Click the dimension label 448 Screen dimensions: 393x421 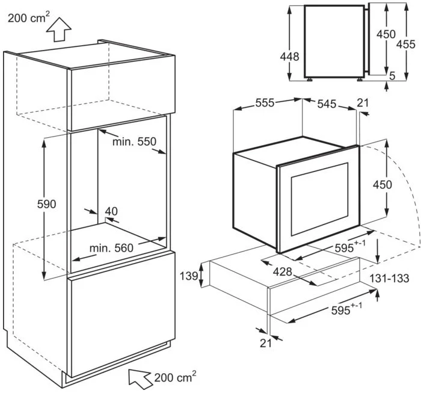pyautogui.click(x=274, y=55)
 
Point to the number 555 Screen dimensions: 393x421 pyautogui.click(x=265, y=103)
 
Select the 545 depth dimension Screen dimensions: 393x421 pyautogui.click(x=327, y=103)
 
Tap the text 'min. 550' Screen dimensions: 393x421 pyautogui.click(x=134, y=142)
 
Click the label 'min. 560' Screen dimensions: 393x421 pyautogui.click(x=112, y=248)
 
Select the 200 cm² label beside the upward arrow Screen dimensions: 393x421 pyautogui.click(x=28, y=17)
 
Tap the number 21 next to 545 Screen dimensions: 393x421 pyautogui.click(x=362, y=103)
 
